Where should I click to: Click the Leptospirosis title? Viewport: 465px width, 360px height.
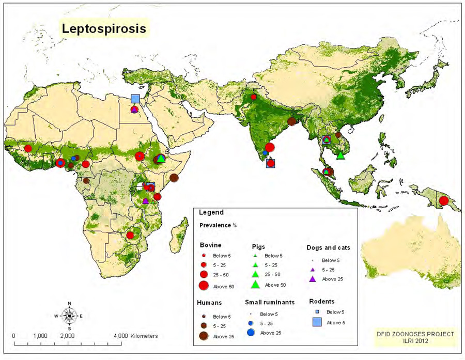click(x=104, y=28)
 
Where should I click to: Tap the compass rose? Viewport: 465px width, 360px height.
click(x=69, y=315)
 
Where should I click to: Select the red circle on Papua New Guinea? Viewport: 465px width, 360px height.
click(x=443, y=201)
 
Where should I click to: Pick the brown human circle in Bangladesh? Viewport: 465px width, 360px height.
click(x=292, y=121)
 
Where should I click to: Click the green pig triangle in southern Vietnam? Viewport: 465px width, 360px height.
click(x=340, y=154)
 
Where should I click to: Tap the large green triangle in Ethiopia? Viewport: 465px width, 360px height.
click(x=161, y=158)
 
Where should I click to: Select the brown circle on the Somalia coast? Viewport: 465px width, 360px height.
click(x=174, y=178)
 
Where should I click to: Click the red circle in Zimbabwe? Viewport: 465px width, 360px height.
click(x=130, y=235)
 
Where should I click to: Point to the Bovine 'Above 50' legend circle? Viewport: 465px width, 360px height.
click(x=204, y=285)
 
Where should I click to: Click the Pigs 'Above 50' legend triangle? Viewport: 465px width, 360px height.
click(x=255, y=284)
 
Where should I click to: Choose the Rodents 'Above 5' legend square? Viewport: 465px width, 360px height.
click(x=316, y=322)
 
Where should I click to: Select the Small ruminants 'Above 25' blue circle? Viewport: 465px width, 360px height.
click(x=251, y=332)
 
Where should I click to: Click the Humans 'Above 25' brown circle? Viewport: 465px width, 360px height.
click(x=204, y=336)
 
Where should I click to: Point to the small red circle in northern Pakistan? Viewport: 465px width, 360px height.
click(x=254, y=97)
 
